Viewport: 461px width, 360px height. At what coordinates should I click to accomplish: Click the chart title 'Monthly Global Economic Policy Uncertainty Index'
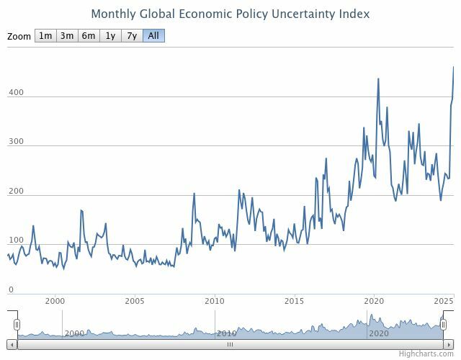point(230,14)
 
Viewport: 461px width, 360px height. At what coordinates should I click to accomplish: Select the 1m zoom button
point(45,36)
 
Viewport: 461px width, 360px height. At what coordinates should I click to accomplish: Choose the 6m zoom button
point(89,36)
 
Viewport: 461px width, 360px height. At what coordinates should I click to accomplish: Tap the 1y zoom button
point(110,36)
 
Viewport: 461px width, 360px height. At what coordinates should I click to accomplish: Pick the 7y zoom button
point(132,36)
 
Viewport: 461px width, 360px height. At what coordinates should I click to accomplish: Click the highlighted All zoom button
point(153,36)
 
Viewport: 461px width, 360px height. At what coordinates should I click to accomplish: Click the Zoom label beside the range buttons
point(20,37)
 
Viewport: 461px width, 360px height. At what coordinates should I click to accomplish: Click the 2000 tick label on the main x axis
point(55,301)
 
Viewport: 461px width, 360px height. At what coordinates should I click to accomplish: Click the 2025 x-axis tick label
point(442,301)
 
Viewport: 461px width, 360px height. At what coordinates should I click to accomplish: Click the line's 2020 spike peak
point(378,78)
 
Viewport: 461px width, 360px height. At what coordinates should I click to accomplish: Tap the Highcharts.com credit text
point(428,354)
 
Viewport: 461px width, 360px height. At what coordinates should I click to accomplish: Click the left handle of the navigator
point(17,325)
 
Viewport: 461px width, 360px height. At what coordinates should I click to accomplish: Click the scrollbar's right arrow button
point(450,344)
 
